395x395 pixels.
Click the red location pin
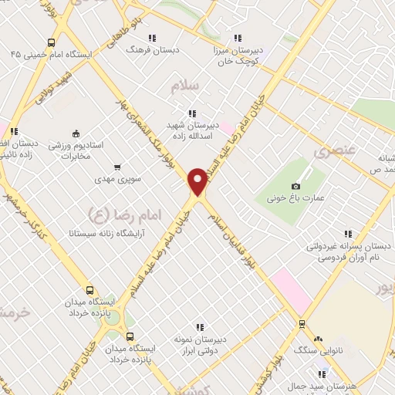[x=198, y=181]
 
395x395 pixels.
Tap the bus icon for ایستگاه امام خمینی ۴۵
[x=51, y=43]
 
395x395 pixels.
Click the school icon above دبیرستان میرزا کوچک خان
[x=238, y=37]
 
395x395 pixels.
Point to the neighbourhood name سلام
[x=186, y=86]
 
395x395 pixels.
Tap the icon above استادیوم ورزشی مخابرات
[x=75, y=133]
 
